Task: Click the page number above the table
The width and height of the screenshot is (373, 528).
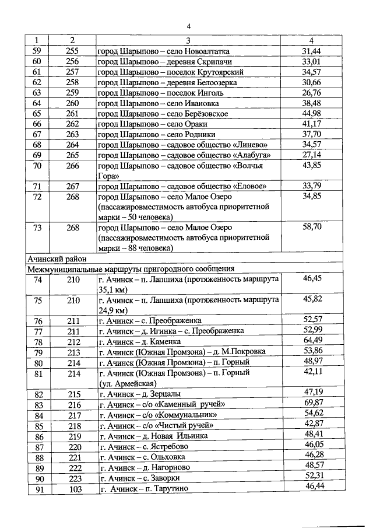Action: pos(189,26)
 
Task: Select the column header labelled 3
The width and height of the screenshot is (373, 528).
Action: pos(188,40)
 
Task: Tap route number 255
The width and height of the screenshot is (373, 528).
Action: pos(72,51)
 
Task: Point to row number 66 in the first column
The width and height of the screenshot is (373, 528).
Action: pos(37,124)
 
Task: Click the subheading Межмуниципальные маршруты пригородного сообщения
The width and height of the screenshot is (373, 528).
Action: pos(131,269)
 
